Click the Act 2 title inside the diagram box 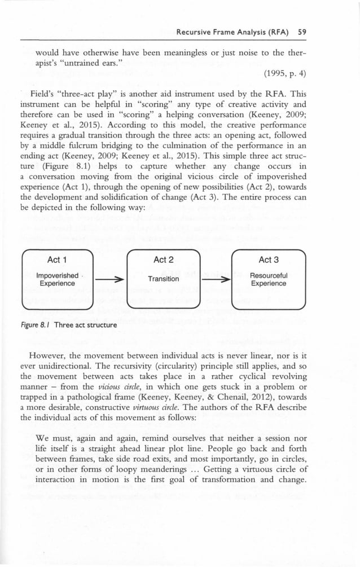(x=164, y=260)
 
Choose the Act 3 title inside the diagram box (x=269, y=260)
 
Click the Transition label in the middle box (x=164, y=279)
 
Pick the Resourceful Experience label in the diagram (x=269, y=279)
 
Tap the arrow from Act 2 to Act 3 (x=216, y=279)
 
